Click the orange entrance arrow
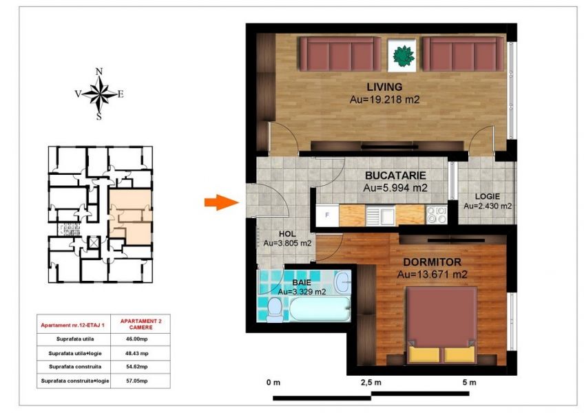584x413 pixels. (x=221, y=202)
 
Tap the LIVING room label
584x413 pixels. (x=384, y=87)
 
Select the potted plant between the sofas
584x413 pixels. (x=404, y=56)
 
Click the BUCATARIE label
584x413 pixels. (x=395, y=176)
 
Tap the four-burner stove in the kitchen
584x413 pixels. (x=437, y=215)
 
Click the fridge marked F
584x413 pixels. (x=327, y=215)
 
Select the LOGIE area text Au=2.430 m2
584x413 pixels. (x=487, y=206)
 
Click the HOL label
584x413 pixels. (x=287, y=234)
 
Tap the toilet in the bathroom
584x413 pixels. (x=275, y=309)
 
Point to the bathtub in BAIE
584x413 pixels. (x=320, y=309)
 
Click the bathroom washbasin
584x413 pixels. (x=342, y=282)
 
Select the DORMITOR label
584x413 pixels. (x=432, y=262)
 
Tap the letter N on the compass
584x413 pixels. (x=99, y=72)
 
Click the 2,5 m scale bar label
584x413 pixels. (x=371, y=383)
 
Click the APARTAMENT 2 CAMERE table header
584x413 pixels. (x=140, y=324)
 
